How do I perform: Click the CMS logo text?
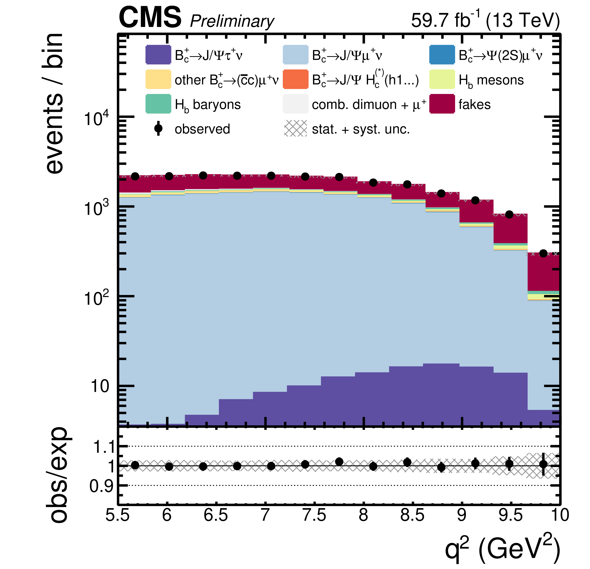point(150,17)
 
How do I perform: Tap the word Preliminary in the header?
point(232,22)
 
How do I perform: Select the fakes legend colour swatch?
point(442,104)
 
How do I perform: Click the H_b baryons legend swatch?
point(158,104)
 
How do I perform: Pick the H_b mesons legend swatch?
point(442,79)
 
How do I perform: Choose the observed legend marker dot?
point(158,128)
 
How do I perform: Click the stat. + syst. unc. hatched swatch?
point(296,128)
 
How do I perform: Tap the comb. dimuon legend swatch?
point(296,104)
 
